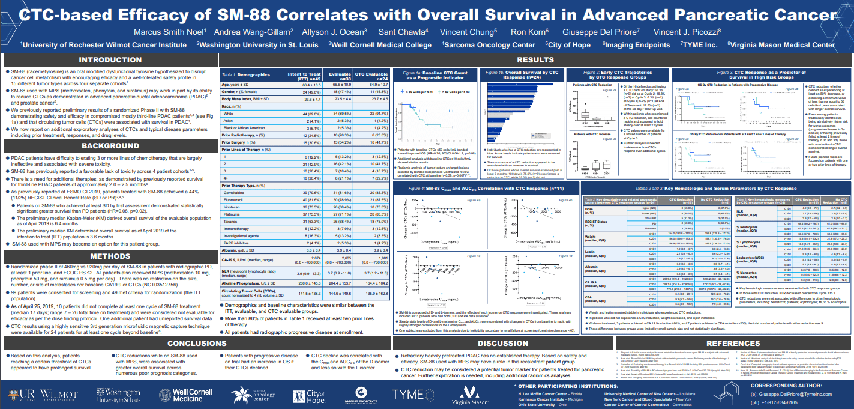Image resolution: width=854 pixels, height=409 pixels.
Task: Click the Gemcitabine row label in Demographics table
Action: click(x=235, y=192)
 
